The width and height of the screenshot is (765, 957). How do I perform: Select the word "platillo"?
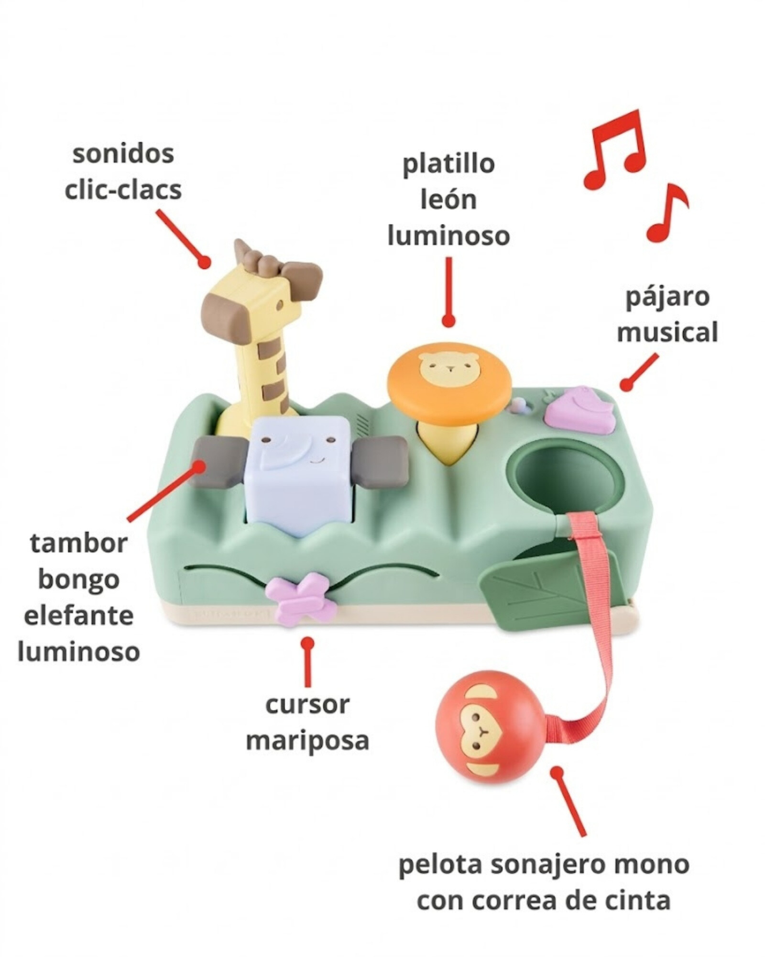(448, 164)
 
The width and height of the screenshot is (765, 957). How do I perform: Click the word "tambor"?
(78, 544)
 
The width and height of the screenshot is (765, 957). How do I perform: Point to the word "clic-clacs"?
(123, 189)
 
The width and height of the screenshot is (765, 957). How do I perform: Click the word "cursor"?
(307, 705)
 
